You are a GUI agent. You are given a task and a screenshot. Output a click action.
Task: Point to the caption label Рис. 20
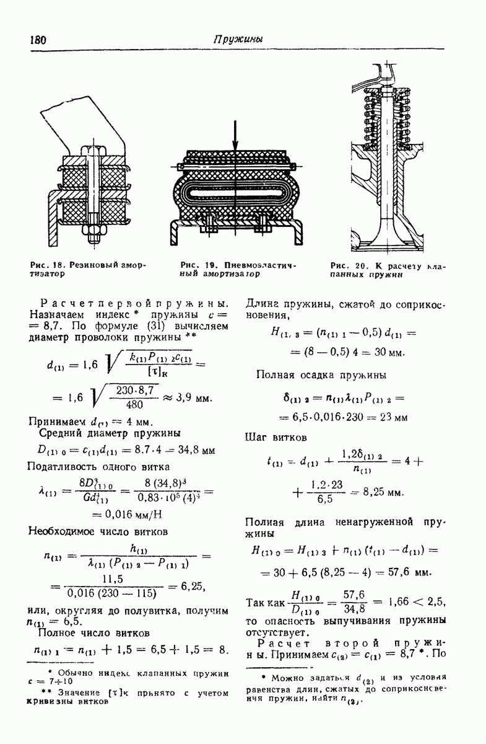coord(345,265)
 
